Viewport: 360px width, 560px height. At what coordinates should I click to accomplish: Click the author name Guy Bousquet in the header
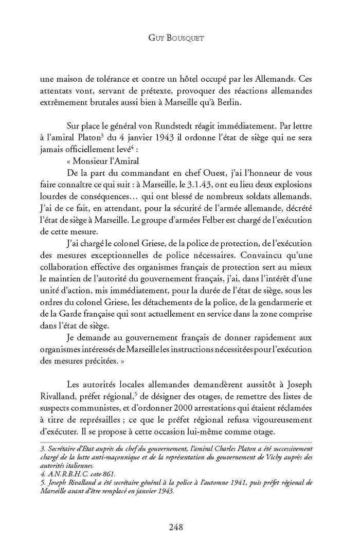coord(179,38)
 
